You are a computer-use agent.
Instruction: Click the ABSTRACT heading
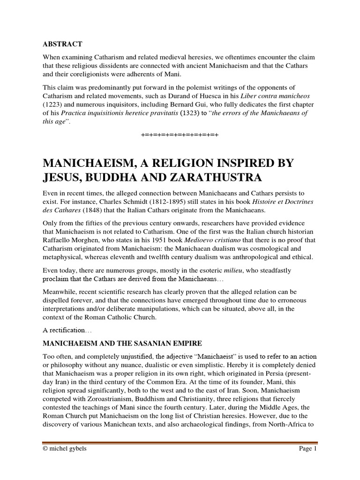62,44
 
